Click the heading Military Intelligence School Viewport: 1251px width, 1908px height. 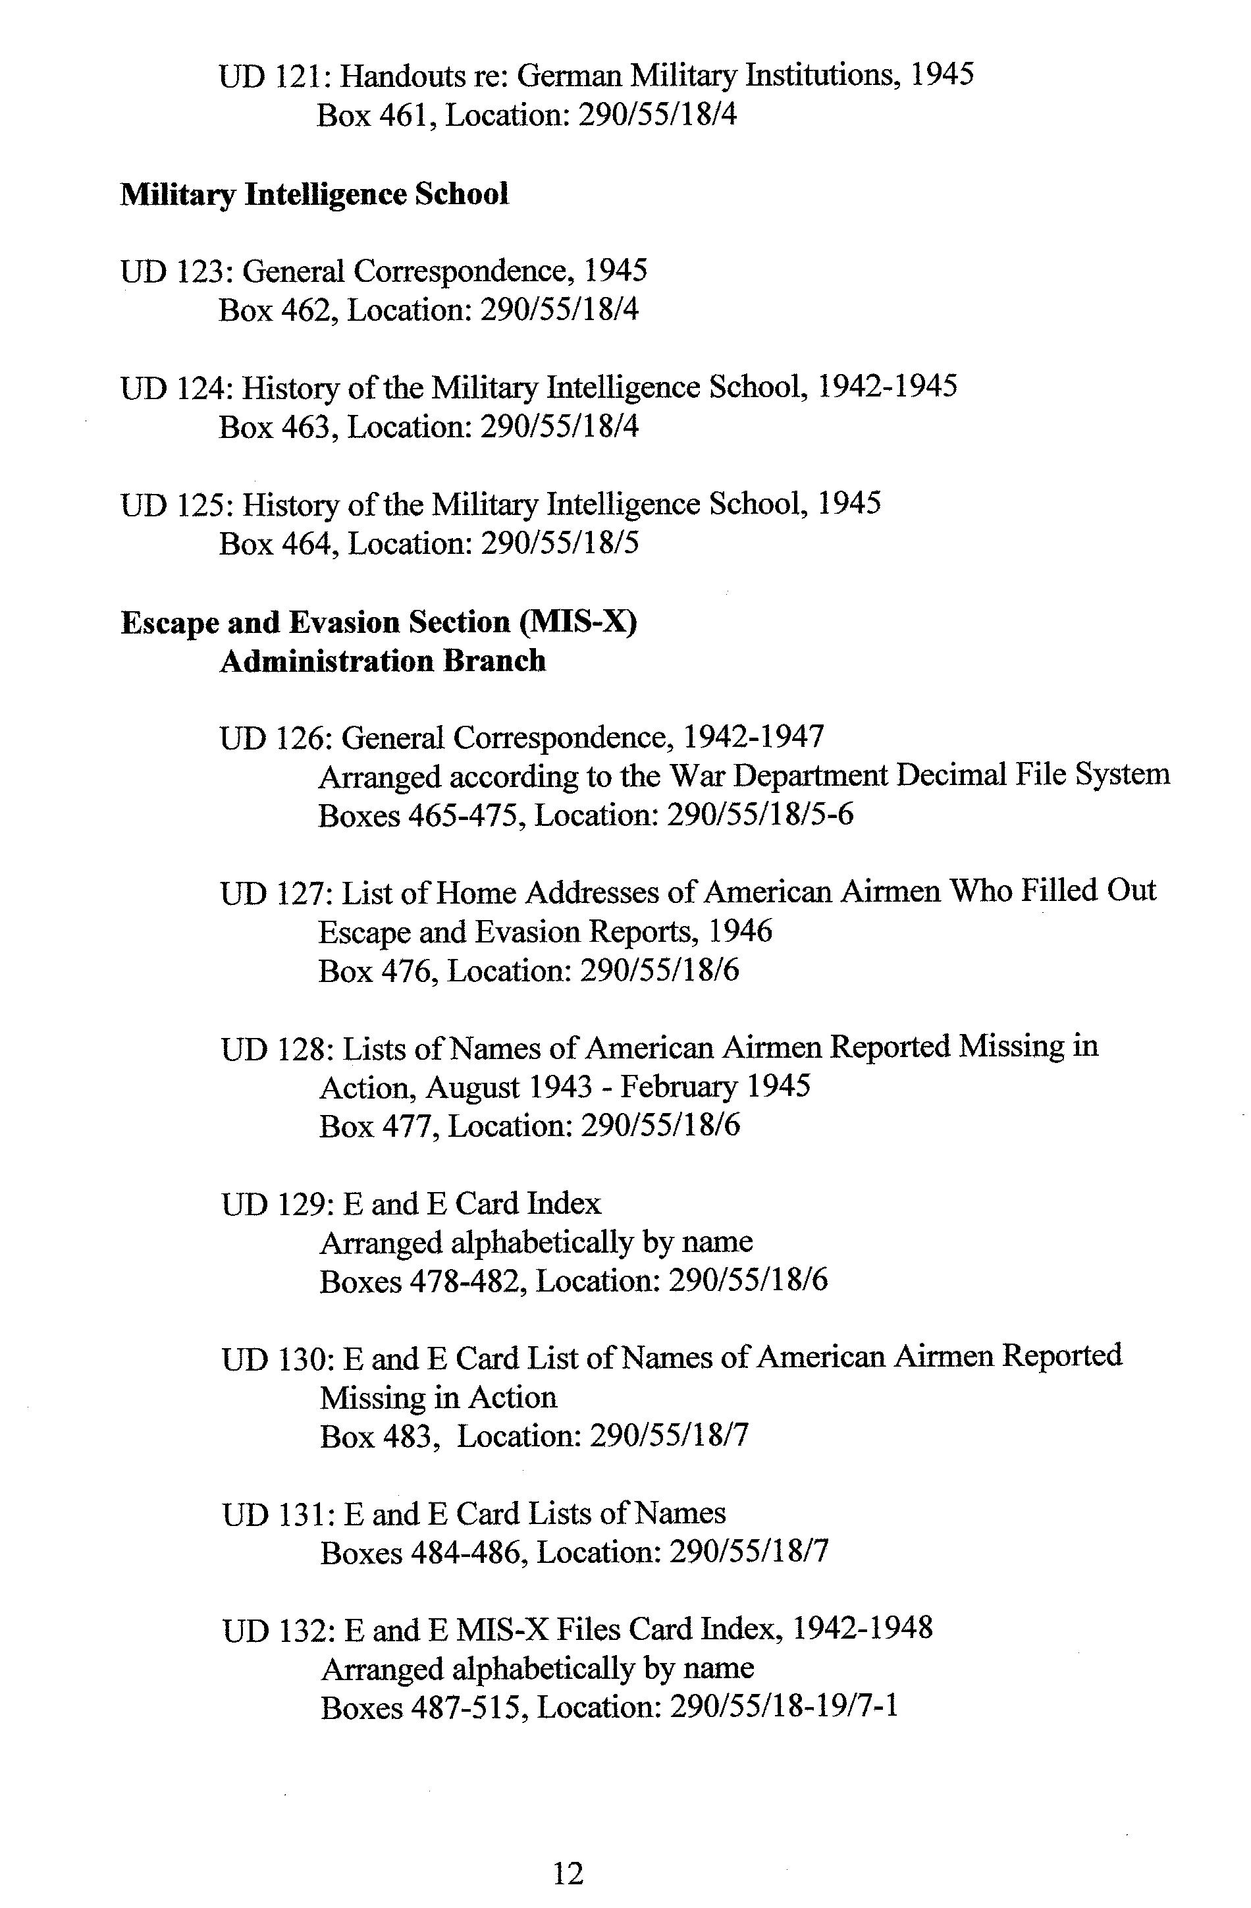click(314, 194)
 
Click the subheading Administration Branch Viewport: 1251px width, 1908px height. click(383, 661)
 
